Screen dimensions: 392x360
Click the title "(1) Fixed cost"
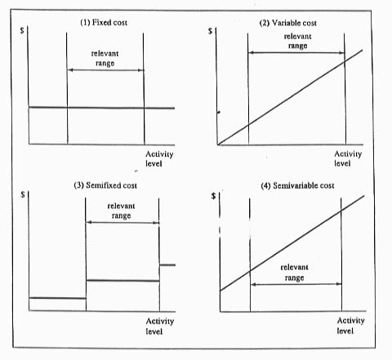point(104,22)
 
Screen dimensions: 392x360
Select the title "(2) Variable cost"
point(287,23)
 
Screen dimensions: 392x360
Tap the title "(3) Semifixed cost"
point(105,185)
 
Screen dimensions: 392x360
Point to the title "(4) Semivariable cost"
point(297,185)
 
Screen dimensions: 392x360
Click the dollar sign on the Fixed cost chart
point(22,30)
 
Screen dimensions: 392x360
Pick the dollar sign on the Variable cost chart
point(210,31)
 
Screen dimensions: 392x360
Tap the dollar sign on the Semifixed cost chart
point(23,194)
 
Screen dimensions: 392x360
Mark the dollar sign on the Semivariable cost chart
point(214,196)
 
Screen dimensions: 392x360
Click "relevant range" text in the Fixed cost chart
point(105,58)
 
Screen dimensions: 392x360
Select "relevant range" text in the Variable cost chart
point(297,41)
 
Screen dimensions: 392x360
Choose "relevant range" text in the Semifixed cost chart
point(121,211)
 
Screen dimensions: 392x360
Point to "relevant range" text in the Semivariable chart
point(294,272)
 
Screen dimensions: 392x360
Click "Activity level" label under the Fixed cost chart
point(159,158)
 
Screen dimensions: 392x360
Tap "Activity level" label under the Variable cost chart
point(348,158)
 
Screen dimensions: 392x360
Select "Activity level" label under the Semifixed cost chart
point(160,326)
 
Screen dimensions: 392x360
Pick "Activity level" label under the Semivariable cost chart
point(350,326)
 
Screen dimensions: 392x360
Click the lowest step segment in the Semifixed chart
point(57,298)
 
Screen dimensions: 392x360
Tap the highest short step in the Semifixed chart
point(167,264)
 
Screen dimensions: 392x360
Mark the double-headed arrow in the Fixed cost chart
point(105,70)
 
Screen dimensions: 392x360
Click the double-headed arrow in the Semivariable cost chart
point(296,284)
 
